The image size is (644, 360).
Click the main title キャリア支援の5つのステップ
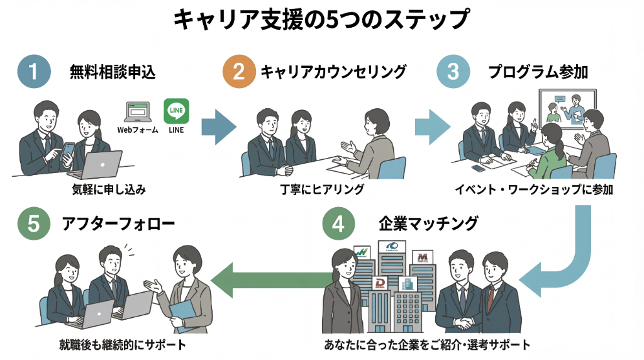point(321,20)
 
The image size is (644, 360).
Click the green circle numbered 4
point(338,224)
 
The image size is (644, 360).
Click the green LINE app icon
point(176,111)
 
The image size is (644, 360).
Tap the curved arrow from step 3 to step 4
point(560,264)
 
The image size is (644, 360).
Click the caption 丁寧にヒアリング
point(322,189)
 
